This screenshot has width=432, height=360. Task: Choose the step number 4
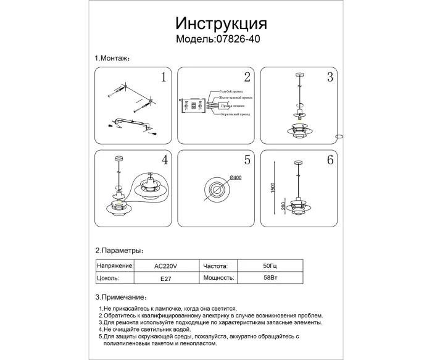click(164, 160)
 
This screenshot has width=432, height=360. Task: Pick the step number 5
click(247, 160)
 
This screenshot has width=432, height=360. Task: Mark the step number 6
click(330, 160)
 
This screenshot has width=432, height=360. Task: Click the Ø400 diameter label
click(235, 178)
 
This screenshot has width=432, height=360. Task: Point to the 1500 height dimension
click(273, 185)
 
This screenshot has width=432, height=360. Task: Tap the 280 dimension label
click(283, 206)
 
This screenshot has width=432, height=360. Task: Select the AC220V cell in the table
click(165, 266)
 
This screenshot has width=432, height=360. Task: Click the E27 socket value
click(165, 278)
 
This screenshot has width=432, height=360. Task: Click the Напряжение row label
click(115, 266)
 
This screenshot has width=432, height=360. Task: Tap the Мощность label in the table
click(218, 278)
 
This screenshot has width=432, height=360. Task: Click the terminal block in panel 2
click(193, 105)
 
